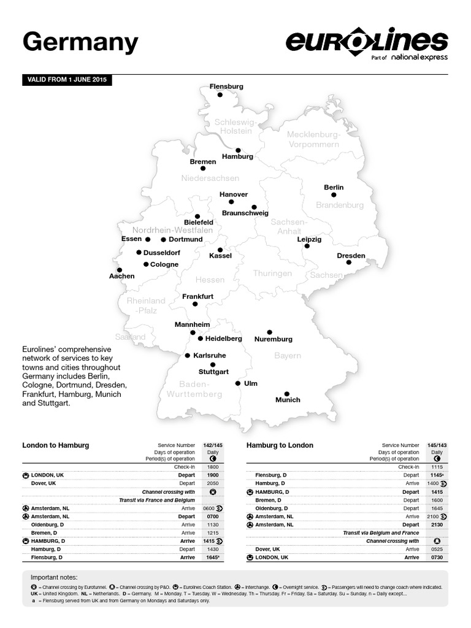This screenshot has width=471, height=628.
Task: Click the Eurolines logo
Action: (367, 44)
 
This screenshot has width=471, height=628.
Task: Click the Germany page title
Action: (80, 44)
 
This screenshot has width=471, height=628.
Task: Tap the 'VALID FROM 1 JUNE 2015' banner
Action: (67, 80)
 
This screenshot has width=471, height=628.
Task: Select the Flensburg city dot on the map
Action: (220, 95)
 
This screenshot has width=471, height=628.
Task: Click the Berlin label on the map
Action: (334, 187)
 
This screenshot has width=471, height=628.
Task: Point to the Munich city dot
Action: (286, 394)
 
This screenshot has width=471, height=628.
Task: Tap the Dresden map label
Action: (351, 256)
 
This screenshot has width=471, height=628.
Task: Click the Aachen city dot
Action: (119, 270)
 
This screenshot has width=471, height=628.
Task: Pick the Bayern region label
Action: (288, 356)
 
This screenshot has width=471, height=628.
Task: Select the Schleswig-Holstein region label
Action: (233, 126)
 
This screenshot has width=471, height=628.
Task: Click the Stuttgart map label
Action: (213, 372)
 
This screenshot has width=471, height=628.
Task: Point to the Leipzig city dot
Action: (307, 247)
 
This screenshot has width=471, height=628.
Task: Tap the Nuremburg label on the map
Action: (273, 339)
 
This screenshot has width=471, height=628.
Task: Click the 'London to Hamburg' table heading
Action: (56, 445)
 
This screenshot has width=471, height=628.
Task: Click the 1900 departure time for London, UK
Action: (212, 475)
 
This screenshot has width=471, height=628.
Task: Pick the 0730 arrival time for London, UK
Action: (437, 557)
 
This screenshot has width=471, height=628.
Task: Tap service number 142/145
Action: (212, 445)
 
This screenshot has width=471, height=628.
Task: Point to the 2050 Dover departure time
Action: (212, 483)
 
